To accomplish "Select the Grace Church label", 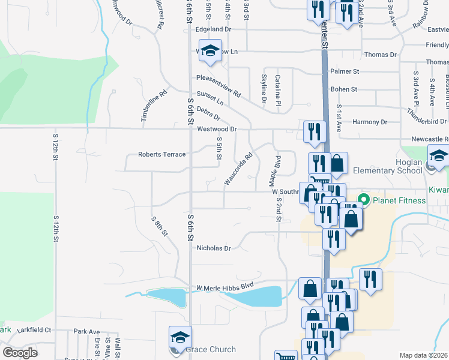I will click(x=210, y=349).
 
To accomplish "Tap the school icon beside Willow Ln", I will click(x=210, y=51).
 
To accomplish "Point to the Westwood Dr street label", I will click(x=217, y=129).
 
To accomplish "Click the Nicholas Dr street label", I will click(x=214, y=247).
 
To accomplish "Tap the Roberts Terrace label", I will click(x=162, y=154).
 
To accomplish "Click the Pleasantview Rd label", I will click(x=218, y=86).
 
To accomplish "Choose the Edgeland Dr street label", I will click(x=213, y=29).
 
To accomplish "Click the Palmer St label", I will click(x=345, y=71).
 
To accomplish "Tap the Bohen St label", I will click(x=344, y=89).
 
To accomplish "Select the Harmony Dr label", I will click(x=370, y=122).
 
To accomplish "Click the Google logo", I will click(x=20, y=353).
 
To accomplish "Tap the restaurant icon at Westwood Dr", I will click(x=315, y=131).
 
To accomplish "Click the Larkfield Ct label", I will click(x=34, y=329).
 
